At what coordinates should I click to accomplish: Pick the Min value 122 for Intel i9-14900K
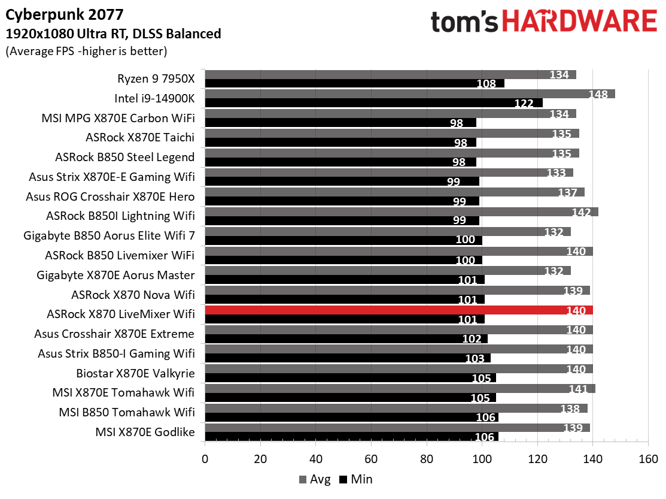(524, 103)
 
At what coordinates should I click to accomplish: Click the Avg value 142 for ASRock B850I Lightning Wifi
(580, 211)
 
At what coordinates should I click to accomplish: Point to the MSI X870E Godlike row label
(145, 431)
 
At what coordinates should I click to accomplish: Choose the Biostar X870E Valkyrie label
(135, 373)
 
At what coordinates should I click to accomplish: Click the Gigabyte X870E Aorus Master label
(115, 275)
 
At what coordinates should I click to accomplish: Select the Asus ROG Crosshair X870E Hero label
(110, 196)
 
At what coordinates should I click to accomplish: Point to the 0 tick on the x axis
(205, 459)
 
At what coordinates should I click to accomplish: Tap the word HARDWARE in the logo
(579, 22)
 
